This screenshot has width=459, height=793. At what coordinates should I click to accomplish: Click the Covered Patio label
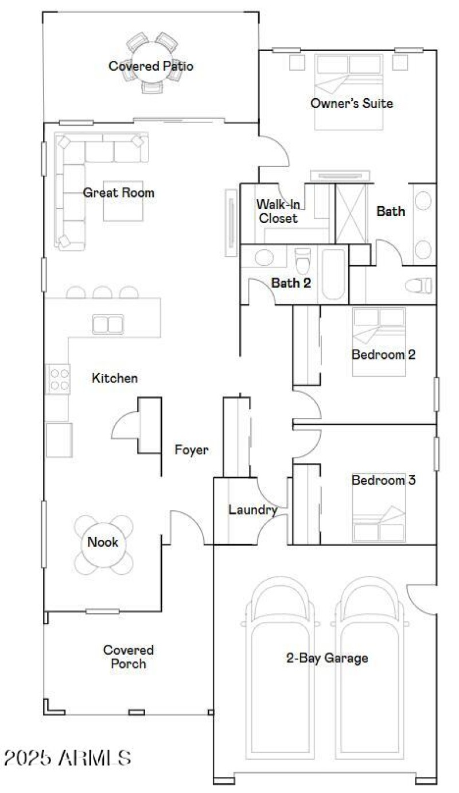(x=151, y=66)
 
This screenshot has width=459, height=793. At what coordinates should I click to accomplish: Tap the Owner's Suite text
(x=352, y=103)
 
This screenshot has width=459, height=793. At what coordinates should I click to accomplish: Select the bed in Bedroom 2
(x=379, y=342)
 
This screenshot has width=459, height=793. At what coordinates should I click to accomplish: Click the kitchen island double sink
(x=108, y=324)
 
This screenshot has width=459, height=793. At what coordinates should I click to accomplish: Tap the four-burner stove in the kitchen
(x=58, y=379)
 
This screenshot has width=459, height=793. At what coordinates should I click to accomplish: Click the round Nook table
(x=103, y=542)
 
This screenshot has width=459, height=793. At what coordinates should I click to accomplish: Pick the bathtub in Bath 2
(x=333, y=274)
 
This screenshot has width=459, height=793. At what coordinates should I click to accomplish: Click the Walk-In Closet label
(x=278, y=211)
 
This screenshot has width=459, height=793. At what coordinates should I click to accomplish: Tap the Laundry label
(x=253, y=509)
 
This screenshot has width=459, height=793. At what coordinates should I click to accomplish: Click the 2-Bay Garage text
(x=327, y=658)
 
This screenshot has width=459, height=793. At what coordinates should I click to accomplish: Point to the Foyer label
(x=192, y=450)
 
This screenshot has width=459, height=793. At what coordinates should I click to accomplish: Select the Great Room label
(x=119, y=192)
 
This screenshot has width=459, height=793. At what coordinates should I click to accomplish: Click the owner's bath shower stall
(x=350, y=214)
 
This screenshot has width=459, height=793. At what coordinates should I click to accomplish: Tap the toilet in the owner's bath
(x=418, y=285)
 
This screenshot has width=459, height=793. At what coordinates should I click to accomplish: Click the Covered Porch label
(x=129, y=657)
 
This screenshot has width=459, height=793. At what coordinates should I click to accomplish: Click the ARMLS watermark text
(x=67, y=758)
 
